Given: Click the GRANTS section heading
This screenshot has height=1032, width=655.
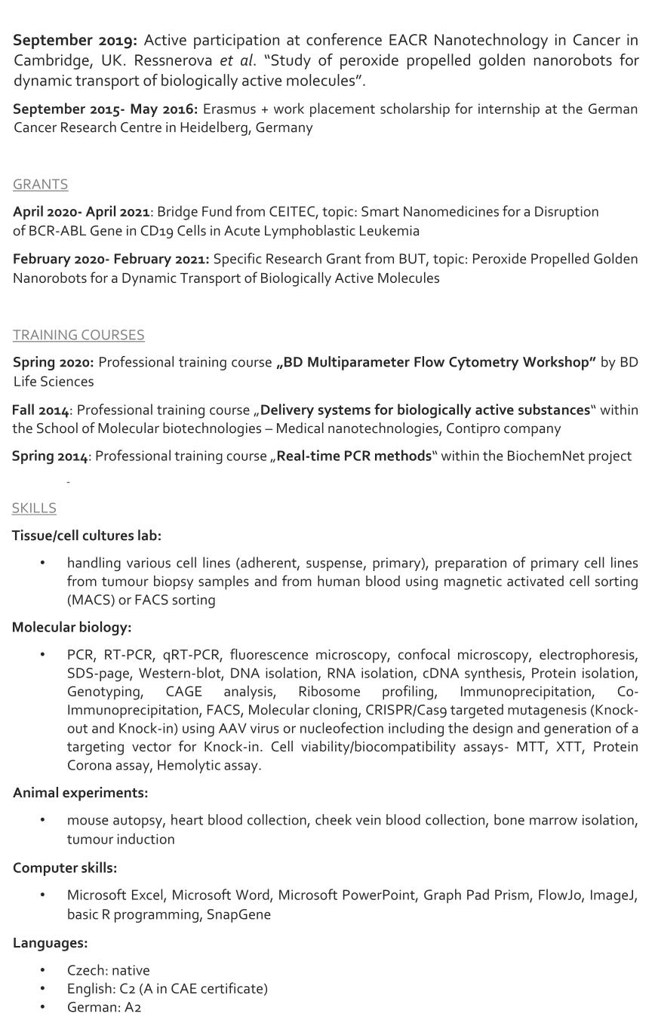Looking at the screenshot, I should pyautogui.click(x=40, y=184).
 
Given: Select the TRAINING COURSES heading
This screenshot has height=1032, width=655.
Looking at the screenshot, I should pyautogui.click(x=78, y=334).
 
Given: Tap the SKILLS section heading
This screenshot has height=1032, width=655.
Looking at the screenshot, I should pyautogui.click(x=34, y=508).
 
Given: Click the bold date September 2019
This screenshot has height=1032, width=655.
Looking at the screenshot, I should pyautogui.click(x=75, y=40).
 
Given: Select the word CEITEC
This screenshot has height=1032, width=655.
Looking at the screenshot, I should pyautogui.click(x=269, y=212).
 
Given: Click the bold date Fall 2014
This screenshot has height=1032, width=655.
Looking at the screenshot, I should pyautogui.click(x=41, y=410).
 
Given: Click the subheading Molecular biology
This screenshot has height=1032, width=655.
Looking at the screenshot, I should pyautogui.click(x=72, y=627).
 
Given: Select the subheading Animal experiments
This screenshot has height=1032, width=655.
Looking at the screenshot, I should pyautogui.click(x=80, y=793).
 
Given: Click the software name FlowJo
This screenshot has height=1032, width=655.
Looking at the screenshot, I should pyautogui.click(x=559, y=895).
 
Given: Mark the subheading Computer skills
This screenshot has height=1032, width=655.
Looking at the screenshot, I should pyautogui.click(x=65, y=868).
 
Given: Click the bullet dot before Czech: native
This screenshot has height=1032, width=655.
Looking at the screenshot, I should pyautogui.click(x=43, y=970).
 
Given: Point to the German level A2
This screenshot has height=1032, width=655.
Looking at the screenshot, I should pyautogui.click(x=133, y=1007).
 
